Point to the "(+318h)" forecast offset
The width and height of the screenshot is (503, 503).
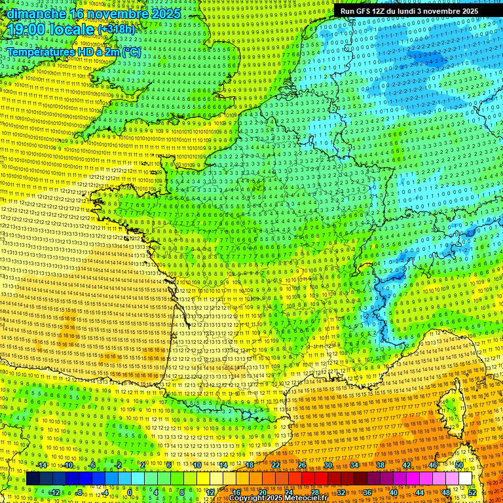tap(116, 29)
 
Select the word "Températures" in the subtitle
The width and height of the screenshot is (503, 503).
tap(40, 52)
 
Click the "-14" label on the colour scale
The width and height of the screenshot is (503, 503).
tap(42, 465)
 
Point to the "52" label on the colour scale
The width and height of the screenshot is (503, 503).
tap(472, 492)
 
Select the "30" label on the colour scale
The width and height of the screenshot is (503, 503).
tap(328, 465)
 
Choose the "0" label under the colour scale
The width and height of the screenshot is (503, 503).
tap(129, 492)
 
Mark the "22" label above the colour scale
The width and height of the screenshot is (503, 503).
tap(276, 465)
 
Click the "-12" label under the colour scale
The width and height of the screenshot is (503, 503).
tap(55, 492)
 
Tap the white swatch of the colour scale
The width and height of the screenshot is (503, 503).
tap(465, 479)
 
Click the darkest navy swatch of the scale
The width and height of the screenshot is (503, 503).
tap(33, 479)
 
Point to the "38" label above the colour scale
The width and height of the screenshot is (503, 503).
tap(381, 465)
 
